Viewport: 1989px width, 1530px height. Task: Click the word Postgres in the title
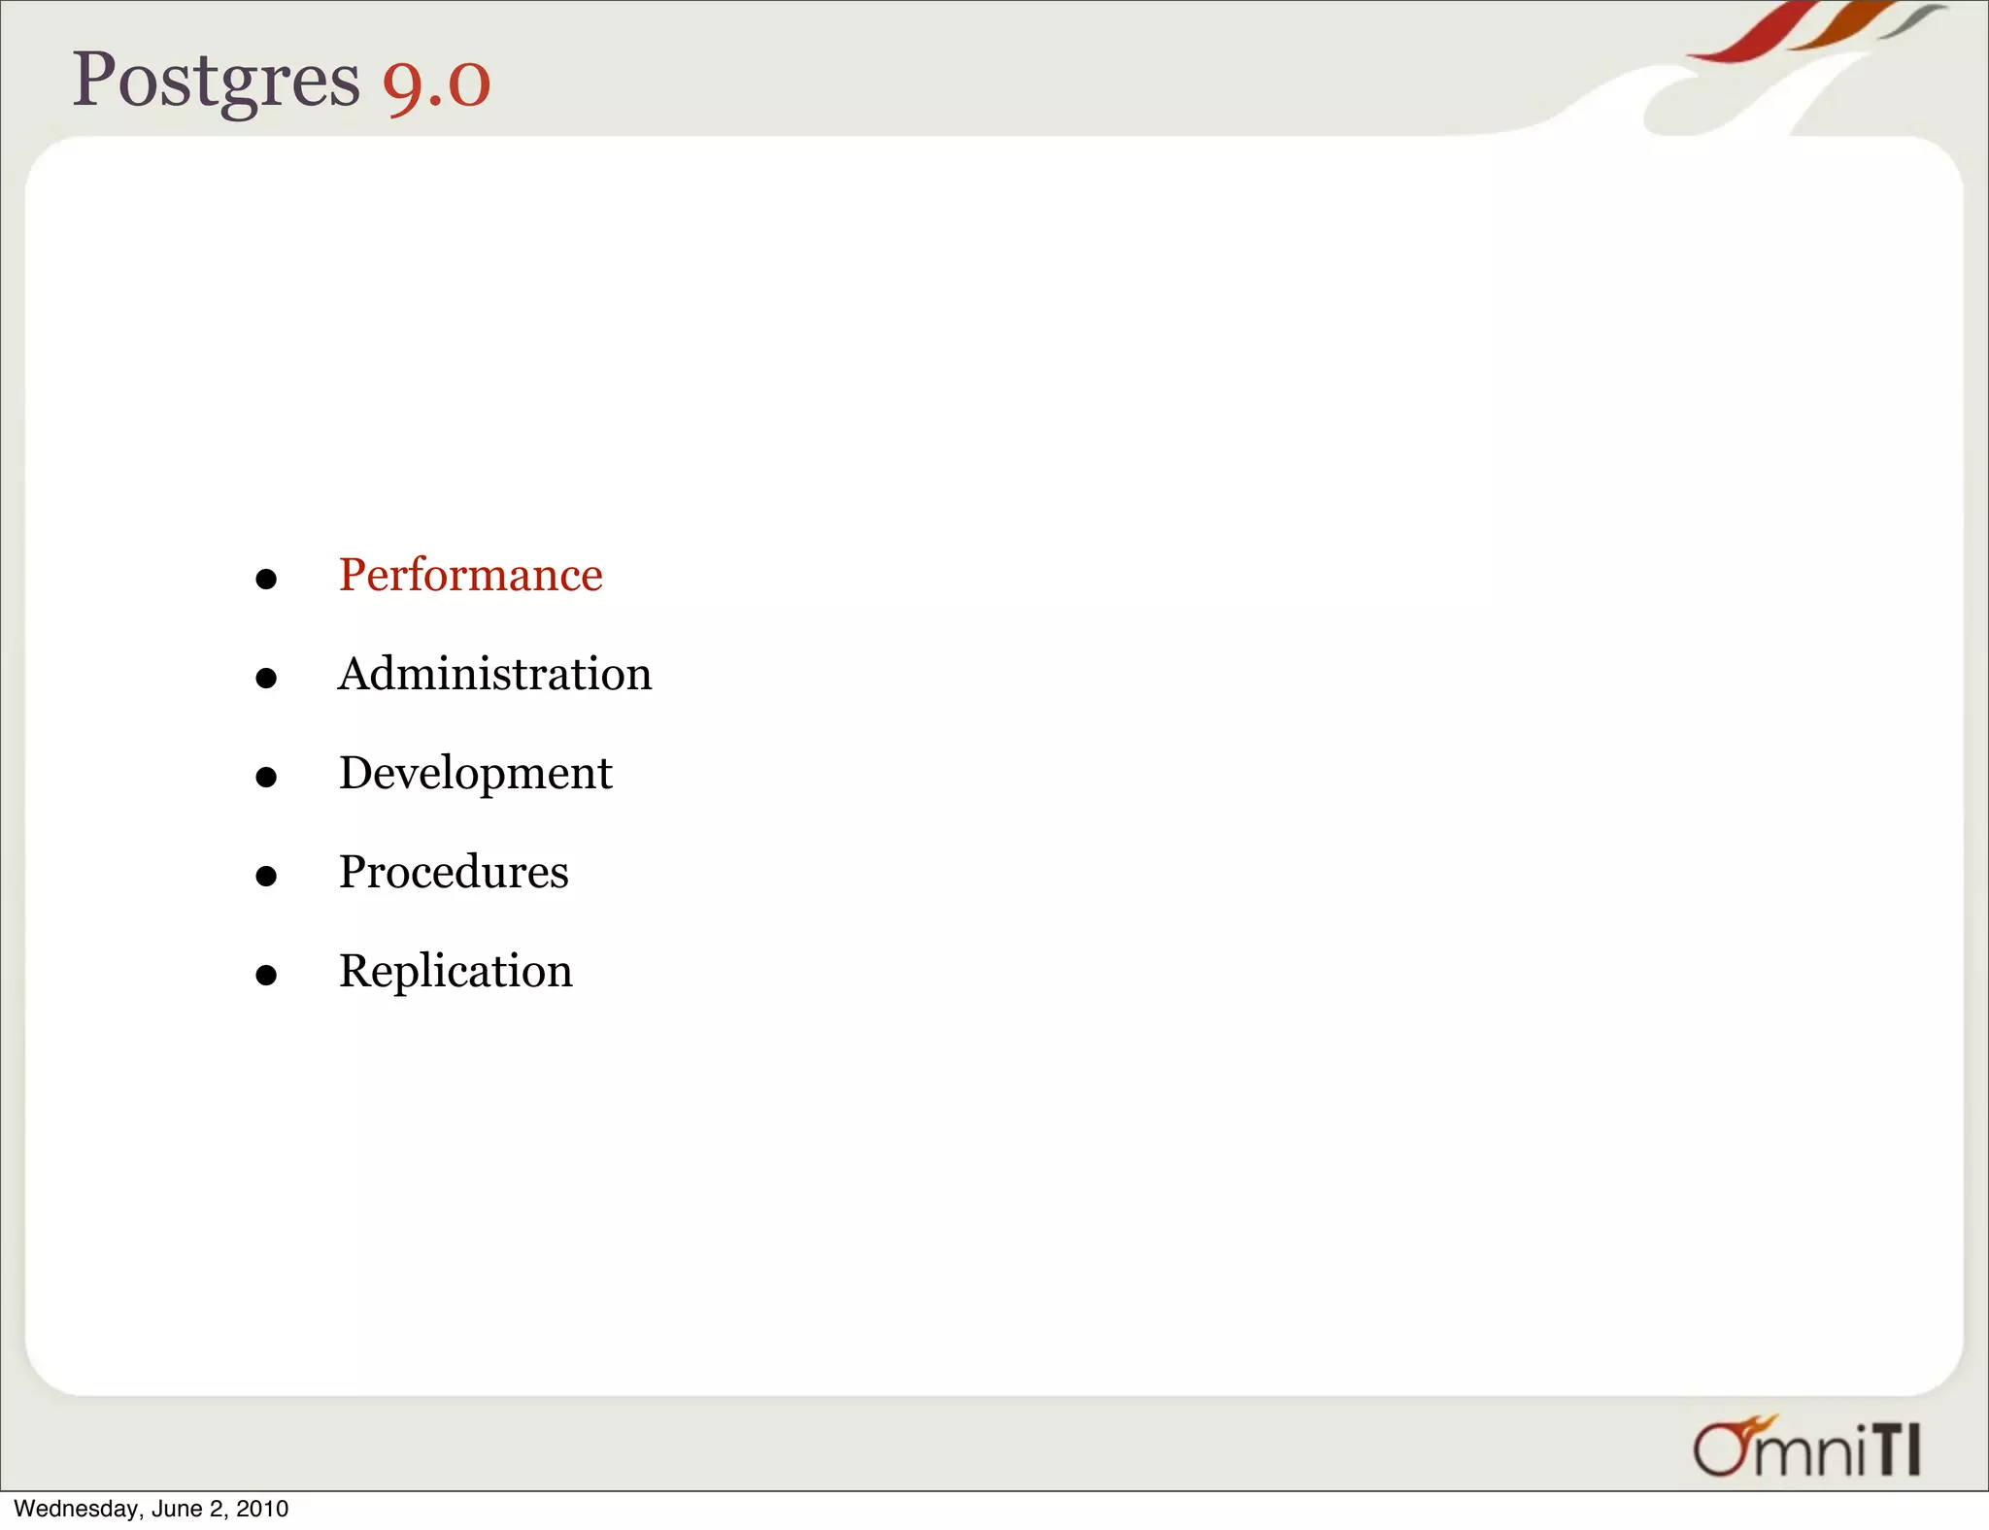coord(216,80)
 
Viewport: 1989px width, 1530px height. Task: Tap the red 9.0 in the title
coord(436,83)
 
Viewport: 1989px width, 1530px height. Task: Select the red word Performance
coord(470,575)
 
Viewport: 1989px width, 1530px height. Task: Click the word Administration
coord(494,674)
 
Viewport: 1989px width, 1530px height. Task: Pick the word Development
coord(475,774)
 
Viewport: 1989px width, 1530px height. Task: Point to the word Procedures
coord(454,872)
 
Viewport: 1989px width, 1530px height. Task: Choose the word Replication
coord(455,971)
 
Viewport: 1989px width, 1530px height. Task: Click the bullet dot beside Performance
coord(266,580)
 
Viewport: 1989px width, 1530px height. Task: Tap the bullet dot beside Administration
coord(266,678)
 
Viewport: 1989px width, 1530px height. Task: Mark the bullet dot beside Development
coord(266,777)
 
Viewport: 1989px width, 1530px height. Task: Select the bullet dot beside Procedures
coord(266,876)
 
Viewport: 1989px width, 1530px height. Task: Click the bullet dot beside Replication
coord(266,975)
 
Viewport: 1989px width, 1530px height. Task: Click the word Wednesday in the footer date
coord(76,1509)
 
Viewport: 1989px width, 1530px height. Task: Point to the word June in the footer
coord(176,1509)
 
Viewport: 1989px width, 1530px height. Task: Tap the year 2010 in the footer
coord(262,1509)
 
